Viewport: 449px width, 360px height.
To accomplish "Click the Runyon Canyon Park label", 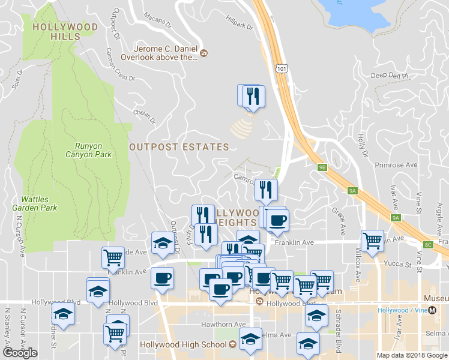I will (x=94, y=149).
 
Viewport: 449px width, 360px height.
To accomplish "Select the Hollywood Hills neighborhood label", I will (x=57, y=32).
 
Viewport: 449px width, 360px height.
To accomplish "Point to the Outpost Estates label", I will (x=179, y=147).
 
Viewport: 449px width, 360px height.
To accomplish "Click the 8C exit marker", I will (x=428, y=244).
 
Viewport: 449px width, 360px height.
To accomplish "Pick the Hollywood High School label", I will (x=184, y=344).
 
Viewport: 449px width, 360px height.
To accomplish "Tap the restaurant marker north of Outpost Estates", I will (x=252, y=95).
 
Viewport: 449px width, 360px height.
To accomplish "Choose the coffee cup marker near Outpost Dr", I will (x=162, y=278).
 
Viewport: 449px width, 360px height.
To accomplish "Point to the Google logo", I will (x=20, y=353).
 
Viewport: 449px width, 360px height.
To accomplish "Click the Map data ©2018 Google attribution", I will (x=412, y=355).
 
